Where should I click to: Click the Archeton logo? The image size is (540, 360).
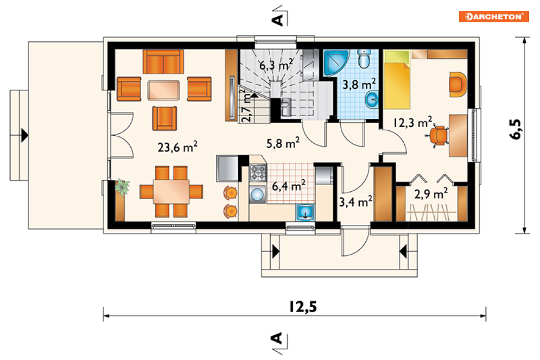493,16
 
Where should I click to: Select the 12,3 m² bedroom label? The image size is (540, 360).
412,122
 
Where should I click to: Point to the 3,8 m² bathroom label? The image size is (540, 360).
359,84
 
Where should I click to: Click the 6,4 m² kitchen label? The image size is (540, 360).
289,186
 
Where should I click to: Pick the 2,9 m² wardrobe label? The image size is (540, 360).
431,193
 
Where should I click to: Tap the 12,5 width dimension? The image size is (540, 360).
303,306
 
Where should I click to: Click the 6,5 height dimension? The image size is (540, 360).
515,129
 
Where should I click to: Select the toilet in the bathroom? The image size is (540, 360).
364,59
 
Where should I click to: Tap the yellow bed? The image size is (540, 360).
397,80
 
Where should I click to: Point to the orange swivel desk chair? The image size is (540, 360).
438,135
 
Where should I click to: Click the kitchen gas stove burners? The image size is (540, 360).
258,173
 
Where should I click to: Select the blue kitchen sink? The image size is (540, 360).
305,212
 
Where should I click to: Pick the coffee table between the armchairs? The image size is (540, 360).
163,90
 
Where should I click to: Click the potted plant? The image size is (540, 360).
122,187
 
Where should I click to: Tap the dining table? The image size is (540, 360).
171,192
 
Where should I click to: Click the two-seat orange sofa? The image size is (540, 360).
163,62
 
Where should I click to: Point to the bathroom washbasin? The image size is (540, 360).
372,100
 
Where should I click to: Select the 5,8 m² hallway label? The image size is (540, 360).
283,142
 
